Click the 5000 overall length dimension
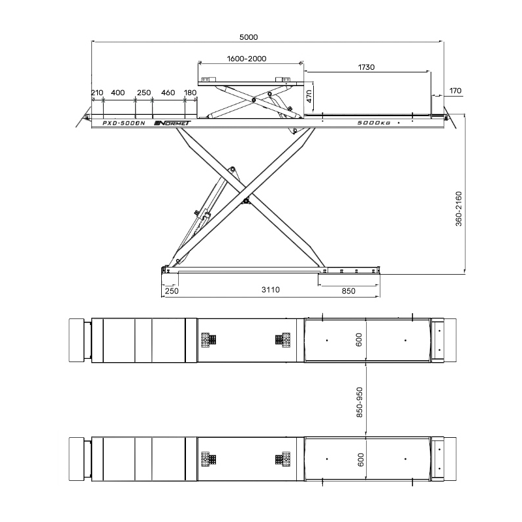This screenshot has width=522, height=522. click(249, 37)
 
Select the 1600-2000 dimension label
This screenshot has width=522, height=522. click(247, 59)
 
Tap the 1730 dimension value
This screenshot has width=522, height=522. click(366, 67)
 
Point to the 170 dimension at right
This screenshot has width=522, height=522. click(455, 91)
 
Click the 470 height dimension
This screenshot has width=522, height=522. click(309, 96)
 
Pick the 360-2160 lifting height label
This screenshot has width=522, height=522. click(459, 209)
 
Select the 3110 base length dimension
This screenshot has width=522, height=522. click(270, 290)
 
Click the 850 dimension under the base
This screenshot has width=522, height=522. click(348, 291)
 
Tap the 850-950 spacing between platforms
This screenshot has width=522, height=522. click(360, 403)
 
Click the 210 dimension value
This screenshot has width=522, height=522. click(97, 93)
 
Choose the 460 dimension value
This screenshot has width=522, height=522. click(168, 93)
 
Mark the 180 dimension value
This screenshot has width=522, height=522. click(190, 93)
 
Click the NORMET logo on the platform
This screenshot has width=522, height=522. click(172, 123)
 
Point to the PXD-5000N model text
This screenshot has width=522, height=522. click(124, 123)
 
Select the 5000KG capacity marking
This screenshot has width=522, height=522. click(373, 123)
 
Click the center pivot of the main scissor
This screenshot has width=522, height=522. click(246, 201)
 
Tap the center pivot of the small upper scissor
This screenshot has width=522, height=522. click(254, 100)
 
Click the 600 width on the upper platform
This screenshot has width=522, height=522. click(359, 340)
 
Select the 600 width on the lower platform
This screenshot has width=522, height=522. click(361, 459)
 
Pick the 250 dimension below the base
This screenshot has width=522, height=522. click(172, 291)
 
